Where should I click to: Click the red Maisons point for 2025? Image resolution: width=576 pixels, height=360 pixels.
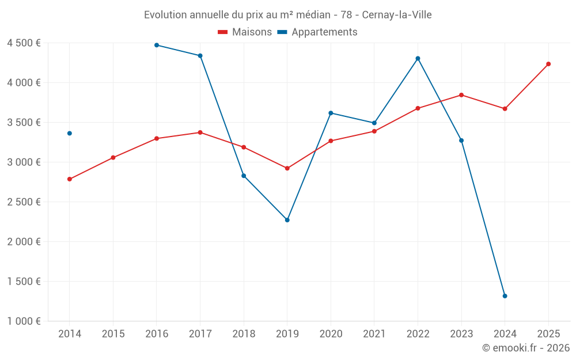click(x=548, y=64)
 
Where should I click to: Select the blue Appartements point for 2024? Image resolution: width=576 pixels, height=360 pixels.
click(x=505, y=296)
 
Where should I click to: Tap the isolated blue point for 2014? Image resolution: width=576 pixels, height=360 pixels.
click(x=70, y=133)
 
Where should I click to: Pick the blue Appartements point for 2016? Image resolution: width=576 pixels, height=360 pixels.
click(x=157, y=45)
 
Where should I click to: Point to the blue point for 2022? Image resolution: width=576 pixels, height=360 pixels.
click(x=418, y=58)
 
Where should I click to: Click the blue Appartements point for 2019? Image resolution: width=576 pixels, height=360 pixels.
click(x=287, y=220)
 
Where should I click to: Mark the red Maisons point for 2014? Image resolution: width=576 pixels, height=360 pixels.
click(x=70, y=179)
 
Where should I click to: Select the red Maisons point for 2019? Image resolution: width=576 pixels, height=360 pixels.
click(x=287, y=168)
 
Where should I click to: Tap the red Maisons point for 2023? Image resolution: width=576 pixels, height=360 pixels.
click(x=461, y=95)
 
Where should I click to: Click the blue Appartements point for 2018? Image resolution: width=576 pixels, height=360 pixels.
click(x=244, y=176)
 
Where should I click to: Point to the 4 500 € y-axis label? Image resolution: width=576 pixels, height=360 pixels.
click(x=24, y=43)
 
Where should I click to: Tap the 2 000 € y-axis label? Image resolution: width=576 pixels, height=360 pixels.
click(x=24, y=242)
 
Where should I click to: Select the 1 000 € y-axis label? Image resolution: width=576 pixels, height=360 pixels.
click(x=24, y=321)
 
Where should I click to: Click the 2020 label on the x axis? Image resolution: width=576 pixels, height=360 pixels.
click(x=331, y=334)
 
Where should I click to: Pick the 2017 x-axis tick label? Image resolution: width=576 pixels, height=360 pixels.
click(x=200, y=334)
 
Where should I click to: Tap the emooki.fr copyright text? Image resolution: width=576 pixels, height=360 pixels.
click(x=526, y=348)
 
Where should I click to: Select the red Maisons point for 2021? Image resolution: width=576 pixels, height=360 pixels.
click(x=374, y=131)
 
